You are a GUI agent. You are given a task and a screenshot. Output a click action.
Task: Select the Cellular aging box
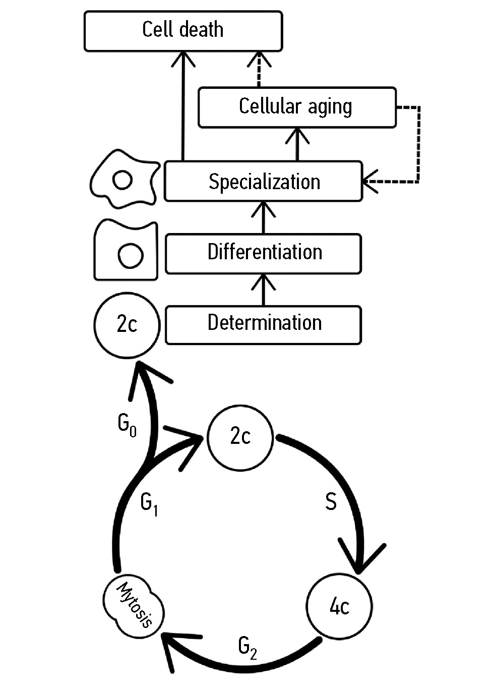(297, 107)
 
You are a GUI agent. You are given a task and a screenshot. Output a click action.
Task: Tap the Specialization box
(264, 182)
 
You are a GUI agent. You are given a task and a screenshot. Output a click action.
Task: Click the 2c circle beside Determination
(127, 324)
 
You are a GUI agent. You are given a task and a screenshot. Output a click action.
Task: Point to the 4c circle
(339, 606)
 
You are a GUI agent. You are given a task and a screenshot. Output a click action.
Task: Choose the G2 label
(248, 647)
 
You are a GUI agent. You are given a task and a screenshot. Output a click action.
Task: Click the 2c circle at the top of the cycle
(240, 437)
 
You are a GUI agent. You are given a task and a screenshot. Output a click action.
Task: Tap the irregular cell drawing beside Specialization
(124, 179)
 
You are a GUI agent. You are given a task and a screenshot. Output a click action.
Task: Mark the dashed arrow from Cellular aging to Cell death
(259, 71)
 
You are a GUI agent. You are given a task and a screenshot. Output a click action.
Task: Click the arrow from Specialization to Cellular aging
(297, 144)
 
